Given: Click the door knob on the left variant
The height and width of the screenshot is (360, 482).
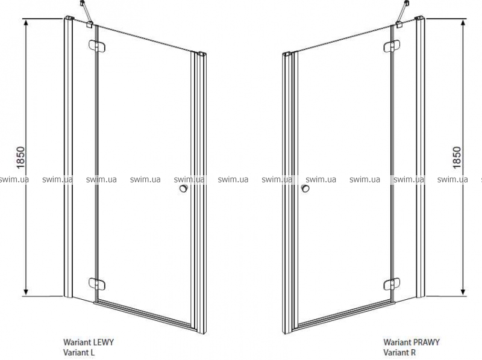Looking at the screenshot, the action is point(184,188).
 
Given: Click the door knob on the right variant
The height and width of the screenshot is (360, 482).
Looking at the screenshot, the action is point(305,188).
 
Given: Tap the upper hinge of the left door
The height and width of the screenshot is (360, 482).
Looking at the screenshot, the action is point(97,46).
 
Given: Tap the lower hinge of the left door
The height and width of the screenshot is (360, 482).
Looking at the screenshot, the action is point(97,284).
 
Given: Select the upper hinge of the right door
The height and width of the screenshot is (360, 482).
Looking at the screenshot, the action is point(392,46).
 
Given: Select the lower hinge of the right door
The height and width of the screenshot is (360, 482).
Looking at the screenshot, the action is point(392,284).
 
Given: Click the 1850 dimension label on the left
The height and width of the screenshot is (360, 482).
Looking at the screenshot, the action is point(20,158).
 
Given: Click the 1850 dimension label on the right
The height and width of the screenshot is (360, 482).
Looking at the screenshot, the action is point(457,157).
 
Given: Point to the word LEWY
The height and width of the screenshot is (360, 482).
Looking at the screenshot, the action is point(104,342).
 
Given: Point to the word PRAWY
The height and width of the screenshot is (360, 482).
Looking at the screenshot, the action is point(426,342).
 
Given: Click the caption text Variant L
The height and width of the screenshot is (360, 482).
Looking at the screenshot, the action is point(79,352).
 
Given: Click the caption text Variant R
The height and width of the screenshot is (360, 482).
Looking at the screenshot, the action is point(399,352).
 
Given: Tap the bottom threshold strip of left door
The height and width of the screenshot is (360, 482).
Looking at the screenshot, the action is point(145,316).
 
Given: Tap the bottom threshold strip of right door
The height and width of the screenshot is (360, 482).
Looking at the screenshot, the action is point(343,316).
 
